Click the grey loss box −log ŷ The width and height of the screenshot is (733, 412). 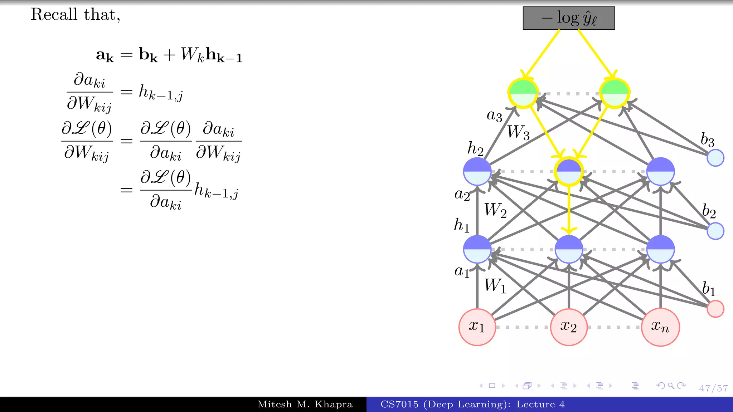[569, 18]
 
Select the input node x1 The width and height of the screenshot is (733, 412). [477, 327]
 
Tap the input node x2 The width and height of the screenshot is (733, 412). [569, 327]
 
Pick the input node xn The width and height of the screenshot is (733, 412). [660, 327]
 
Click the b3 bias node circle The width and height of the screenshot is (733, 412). [715, 158]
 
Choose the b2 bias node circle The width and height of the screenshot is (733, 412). [715, 231]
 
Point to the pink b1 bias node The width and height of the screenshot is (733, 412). [715, 309]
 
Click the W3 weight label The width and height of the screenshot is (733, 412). [518, 132]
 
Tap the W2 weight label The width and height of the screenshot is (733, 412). [495, 210]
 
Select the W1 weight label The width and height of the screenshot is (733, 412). [495, 286]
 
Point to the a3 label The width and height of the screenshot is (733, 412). [494, 116]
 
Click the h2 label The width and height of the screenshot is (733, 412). [475, 148]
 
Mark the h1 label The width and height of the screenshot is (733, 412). [461, 225]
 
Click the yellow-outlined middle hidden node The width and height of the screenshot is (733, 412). [569, 172]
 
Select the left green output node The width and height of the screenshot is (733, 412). [523, 93]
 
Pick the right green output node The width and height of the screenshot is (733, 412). [615, 93]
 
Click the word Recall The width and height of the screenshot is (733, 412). [54, 15]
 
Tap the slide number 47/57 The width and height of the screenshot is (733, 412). [713, 388]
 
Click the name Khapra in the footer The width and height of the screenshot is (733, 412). [333, 404]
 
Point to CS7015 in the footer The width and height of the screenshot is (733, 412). [399, 404]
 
